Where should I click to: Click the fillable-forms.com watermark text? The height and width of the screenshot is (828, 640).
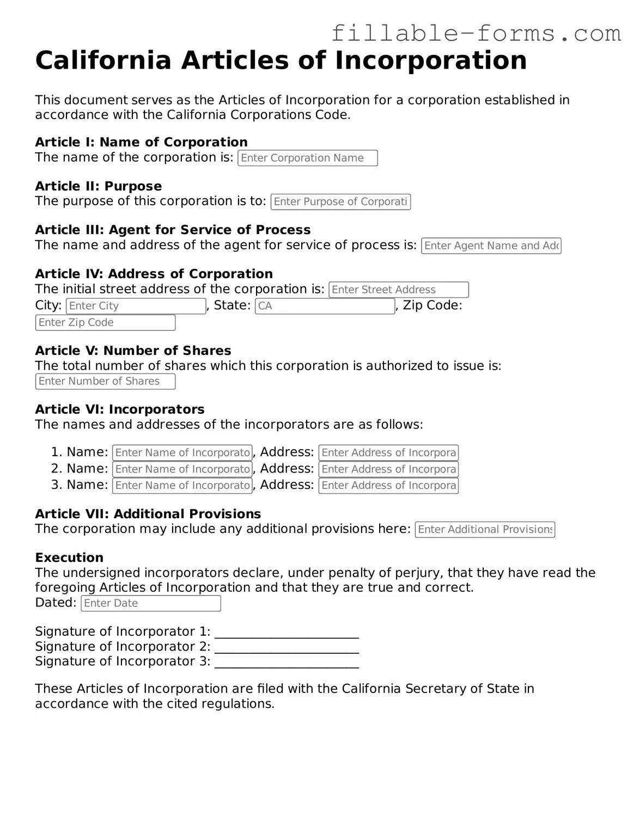[x=476, y=34]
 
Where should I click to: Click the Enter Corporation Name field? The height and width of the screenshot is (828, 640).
[x=307, y=158]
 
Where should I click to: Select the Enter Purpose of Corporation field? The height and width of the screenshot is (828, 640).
[x=340, y=202]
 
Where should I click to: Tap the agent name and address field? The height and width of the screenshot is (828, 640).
[x=491, y=246]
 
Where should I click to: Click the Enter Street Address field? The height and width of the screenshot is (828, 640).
[x=398, y=290]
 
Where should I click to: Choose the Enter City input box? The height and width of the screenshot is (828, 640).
[x=136, y=306]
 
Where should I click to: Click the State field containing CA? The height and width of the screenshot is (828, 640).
[x=325, y=306]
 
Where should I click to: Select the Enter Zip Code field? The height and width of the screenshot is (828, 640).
[x=105, y=322]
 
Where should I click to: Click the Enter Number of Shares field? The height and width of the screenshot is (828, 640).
[x=105, y=381]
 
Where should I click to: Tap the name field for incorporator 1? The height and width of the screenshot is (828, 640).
[x=182, y=452]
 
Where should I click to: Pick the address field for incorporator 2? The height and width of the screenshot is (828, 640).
[x=388, y=469]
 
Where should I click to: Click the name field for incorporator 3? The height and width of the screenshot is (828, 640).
[x=182, y=486]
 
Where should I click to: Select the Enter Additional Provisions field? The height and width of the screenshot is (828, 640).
[x=485, y=530]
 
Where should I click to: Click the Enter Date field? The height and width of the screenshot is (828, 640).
[x=150, y=603]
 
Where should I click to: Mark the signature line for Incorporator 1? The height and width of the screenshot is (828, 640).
[x=287, y=633]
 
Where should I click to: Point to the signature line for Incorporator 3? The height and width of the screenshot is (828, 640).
[x=287, y=663]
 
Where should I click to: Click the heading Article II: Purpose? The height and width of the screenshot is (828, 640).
[x=98, y=186]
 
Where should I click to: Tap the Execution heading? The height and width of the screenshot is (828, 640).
[x=69, y=557]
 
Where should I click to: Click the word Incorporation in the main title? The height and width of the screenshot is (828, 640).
[x=430, y=60]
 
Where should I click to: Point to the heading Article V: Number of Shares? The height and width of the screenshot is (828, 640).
[x=133, y=351]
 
